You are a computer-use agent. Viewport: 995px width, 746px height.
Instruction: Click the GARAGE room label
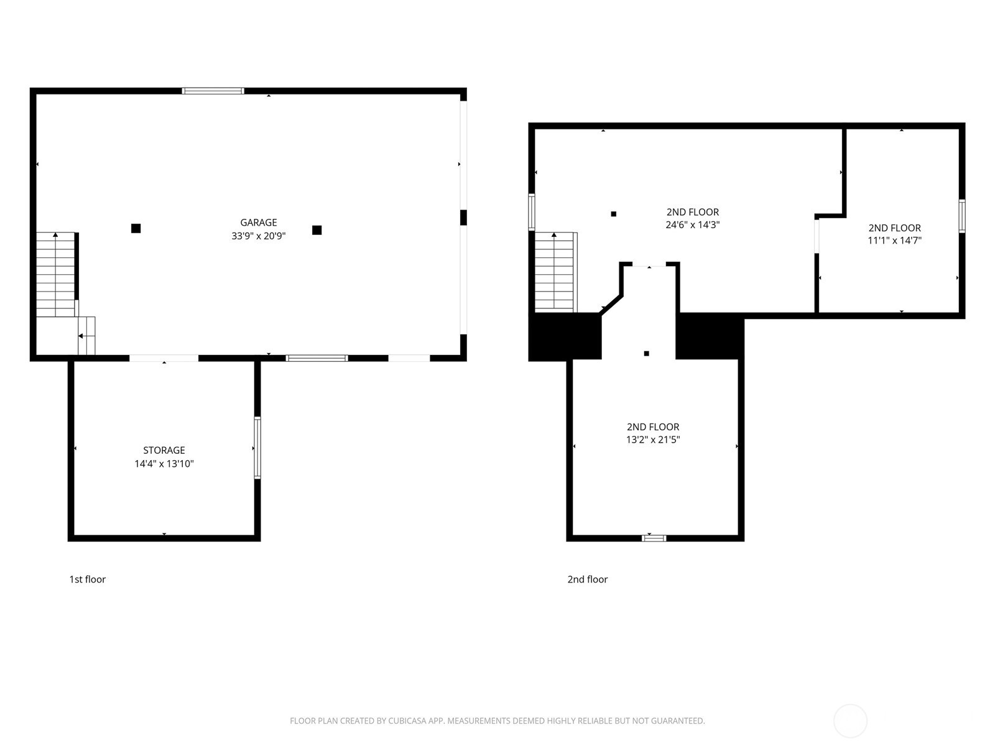(x=258, y=223)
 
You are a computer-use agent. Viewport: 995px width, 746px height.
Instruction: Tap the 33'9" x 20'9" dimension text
(x=258, y=236)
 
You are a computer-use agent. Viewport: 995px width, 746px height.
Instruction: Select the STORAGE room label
(x=164, y=450)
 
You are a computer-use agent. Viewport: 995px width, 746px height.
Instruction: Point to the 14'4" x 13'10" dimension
(x=164, y=464)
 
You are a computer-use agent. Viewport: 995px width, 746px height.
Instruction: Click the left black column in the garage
(x=136, y=228)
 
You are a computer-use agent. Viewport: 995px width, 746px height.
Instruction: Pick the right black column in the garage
(x=317, y=230)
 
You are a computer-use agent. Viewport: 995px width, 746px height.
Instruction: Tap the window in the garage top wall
(x=213, y=91)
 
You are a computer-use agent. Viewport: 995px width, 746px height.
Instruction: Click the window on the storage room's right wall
(x=257, y=448)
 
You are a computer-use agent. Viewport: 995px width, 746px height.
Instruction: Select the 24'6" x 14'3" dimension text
(x=693, y=224)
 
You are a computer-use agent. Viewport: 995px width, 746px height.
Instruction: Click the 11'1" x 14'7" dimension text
(x=894, y=241)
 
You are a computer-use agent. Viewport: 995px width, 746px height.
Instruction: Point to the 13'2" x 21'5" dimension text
(x=653, y=440)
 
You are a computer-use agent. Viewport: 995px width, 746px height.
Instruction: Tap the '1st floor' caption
(x=88, y=579)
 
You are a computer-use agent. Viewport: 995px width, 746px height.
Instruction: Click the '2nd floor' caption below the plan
(x=588, y=579)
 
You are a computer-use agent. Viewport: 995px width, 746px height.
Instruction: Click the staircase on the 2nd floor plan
(x=556, y=272)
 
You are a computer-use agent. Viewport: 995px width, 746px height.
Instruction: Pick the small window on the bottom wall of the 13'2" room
(x=654, y=538)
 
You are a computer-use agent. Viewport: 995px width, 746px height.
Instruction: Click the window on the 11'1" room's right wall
(x=962, y=216)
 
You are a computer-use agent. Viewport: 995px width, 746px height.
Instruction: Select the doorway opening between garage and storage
(x=164, y=358)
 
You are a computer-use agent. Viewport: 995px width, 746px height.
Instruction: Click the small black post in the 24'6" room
(x=613, y=214)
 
